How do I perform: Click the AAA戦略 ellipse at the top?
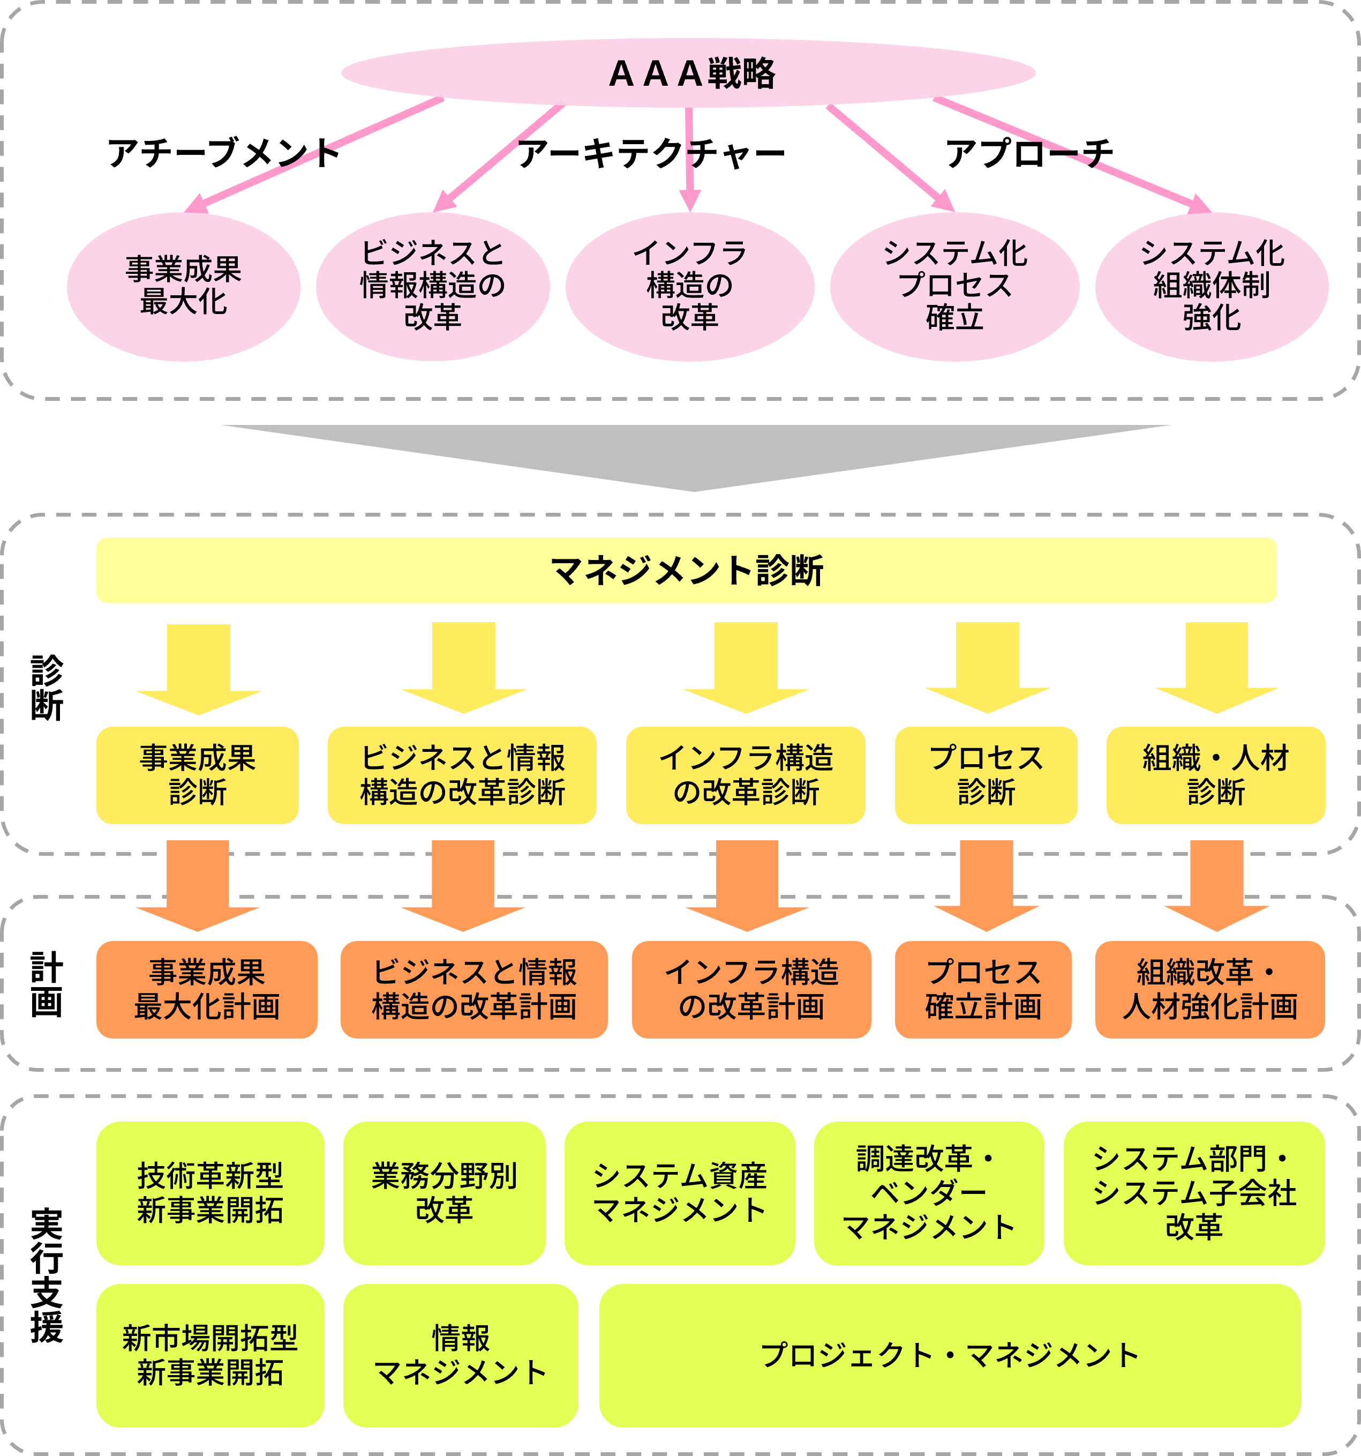pos(688,73)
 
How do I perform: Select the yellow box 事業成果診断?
pos(198,775)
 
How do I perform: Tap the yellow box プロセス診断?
pos(986,775)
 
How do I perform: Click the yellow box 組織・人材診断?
pos(1215,775)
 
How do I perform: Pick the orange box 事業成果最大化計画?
pos(207,989)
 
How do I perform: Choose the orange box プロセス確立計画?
pos(983,989)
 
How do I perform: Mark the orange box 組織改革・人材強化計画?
pos(1209,989)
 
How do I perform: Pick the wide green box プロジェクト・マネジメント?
pos(950,1356)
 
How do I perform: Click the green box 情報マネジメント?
pos(461,1356)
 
